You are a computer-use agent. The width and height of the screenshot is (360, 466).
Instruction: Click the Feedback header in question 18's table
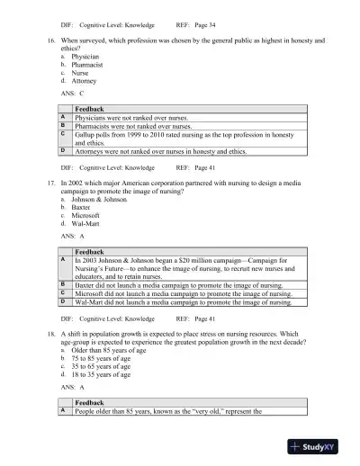(90, 402)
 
